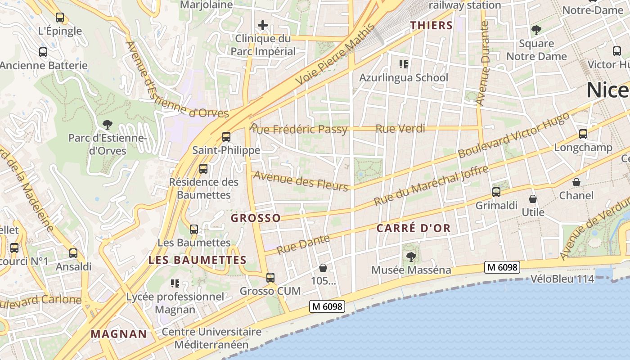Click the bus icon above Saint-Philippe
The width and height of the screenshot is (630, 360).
coord(226,136)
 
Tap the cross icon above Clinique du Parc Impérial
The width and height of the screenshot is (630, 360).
coord(263,25)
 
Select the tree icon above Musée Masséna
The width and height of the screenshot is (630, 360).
coord(411,256)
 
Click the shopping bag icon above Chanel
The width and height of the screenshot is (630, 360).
coord(576,182)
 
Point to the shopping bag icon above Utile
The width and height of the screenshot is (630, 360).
coord(533,198)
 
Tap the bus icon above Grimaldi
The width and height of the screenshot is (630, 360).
coord(496,192)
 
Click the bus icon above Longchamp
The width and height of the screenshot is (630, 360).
coord(583,134)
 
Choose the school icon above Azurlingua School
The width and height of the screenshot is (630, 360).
coord(404,64)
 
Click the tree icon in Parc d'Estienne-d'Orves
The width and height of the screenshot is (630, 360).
coord(107,124)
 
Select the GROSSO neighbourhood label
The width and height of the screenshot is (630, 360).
coord(256,218)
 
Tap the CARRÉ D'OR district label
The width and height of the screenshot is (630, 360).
coord(413,228)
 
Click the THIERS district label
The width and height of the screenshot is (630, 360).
coord(431,26)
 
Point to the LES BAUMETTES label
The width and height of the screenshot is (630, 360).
coord(197,260)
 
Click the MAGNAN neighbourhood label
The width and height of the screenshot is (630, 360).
coord(119,334)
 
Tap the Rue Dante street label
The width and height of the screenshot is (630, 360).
coord(303,244)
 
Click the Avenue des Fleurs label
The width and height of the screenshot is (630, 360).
coord(301,180)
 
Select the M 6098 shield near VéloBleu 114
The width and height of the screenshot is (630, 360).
coord(503,267)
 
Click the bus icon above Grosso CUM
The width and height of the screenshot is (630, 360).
coord(270,278)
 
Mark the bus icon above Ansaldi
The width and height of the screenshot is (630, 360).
coord(73,253)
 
